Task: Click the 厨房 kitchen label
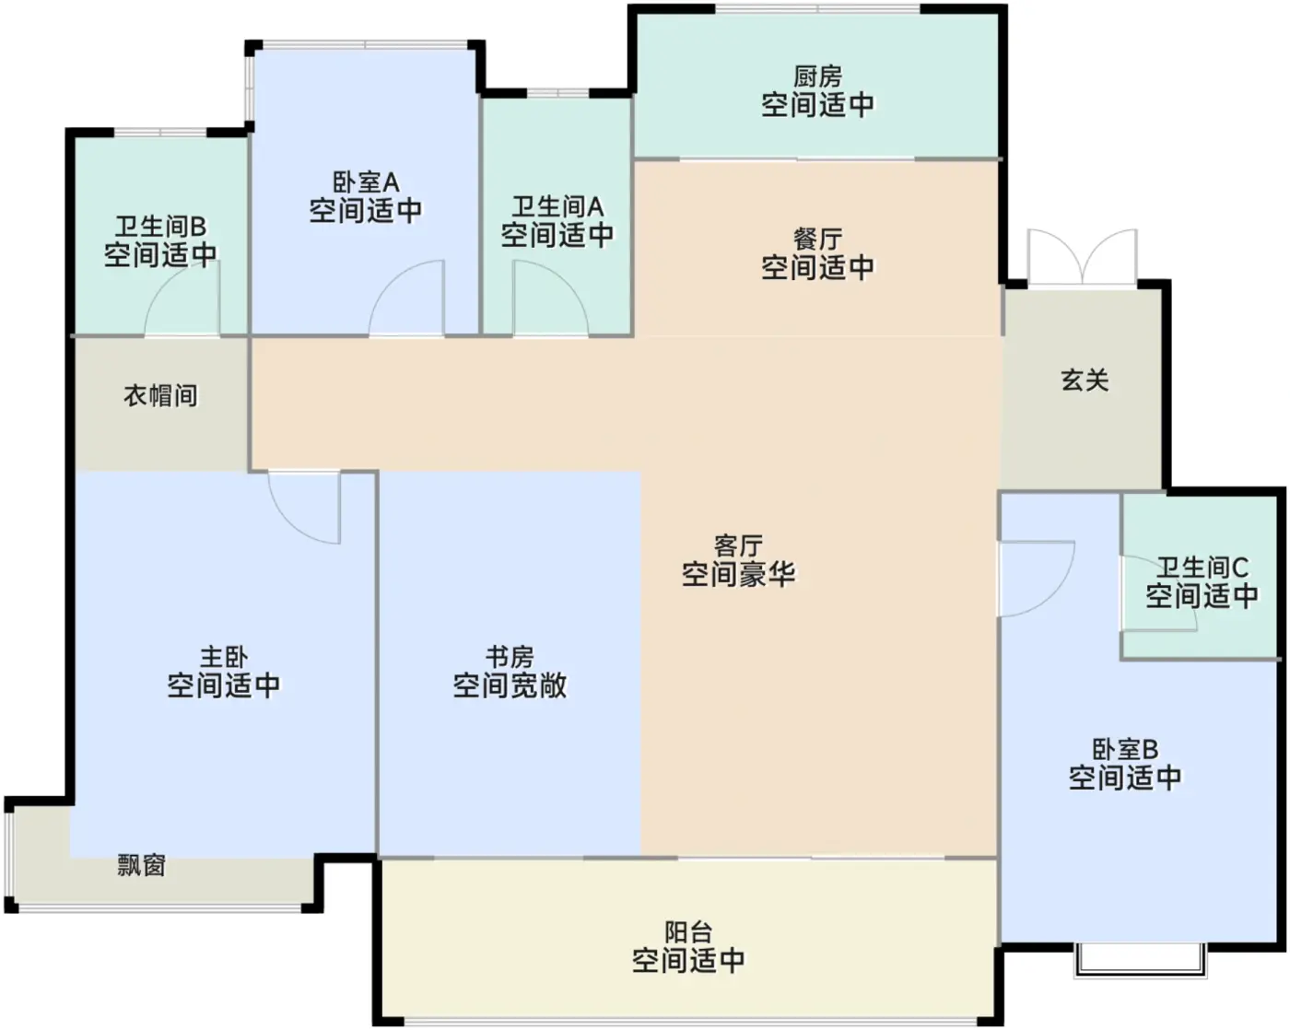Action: [x=817, y=76]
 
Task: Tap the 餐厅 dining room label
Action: [x=817, y=240]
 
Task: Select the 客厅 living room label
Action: [x=738, y=546]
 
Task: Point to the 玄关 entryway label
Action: [x=1085, y=380]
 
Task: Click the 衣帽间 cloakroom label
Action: [x=160, y=395]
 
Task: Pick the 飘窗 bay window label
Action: [x=142, y=866]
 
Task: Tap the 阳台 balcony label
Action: [x=688, y=932]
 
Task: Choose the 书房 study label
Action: [x=510, y=657]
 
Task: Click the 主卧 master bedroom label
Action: [x=224, y=657]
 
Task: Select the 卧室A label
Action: [x=366, y=182]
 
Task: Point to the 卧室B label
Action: [x=1125, y=749]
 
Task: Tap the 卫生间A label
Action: [x=557, y=207]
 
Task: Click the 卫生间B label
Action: [x=160, y=227]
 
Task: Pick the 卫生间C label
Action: [x=1202, y=567]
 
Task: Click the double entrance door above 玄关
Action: [x=1082, y=258]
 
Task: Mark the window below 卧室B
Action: [x=1140, y=961]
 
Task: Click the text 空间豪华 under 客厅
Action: [x=738, y=574]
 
